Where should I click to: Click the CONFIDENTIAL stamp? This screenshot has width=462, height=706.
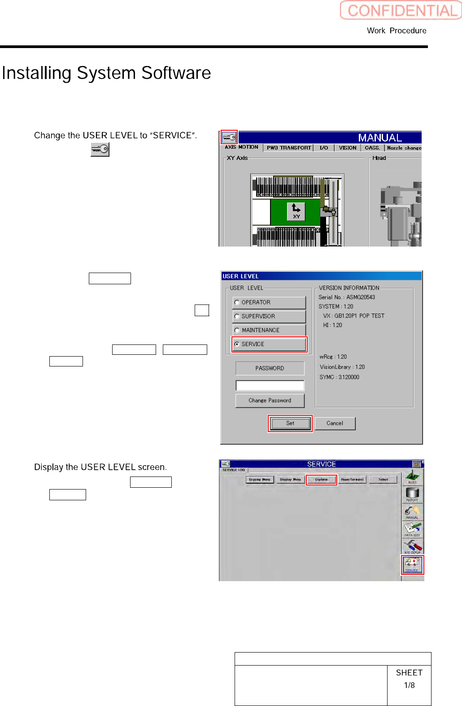click(401, 10)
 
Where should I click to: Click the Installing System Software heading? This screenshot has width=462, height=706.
click(106, 73)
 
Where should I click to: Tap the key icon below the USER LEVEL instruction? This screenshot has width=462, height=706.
click(100, 150)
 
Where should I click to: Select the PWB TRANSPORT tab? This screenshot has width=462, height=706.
click(289, 147)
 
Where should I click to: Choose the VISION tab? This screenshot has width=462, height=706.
click(348, 147)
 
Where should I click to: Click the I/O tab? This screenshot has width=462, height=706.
click(324, 147)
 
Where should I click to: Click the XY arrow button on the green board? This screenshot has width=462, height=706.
click(296, 211)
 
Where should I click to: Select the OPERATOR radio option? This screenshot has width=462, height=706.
click(237, 302)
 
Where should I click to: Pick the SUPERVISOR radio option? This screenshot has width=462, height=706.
click(237, 316)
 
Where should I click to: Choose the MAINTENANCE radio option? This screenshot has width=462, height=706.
click(237, 330)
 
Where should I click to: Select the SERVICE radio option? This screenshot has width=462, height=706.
click(237, 344)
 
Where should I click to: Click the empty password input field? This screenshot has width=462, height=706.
click(270, 385)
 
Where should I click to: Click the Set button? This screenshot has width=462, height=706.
click(290, 423)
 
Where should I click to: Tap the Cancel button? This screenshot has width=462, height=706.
click(335, 423)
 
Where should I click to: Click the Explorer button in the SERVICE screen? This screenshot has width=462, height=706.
click(321, 480)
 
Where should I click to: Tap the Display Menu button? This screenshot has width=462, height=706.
click(291, 480)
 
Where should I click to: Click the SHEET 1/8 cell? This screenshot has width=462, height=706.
click(409, 679)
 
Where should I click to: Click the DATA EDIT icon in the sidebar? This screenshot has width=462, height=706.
click(412, 529)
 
